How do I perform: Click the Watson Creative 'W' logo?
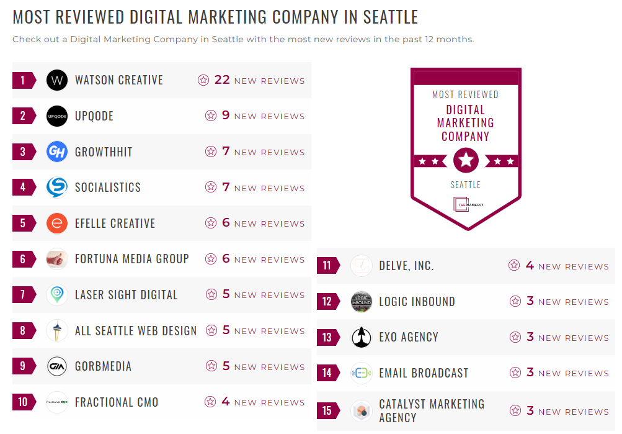tap(57, 80)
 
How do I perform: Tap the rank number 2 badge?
tap(24, 116)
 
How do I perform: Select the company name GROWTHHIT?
tap(104, 152)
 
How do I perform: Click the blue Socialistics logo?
tap(57, 188)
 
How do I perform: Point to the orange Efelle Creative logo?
tap(57, 224)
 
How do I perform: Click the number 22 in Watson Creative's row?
tap(222, 80)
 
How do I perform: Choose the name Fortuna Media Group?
tap(131, 259)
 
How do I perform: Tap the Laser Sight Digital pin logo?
tap(57, 295)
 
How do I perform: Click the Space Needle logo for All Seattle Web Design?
tap(57, 330)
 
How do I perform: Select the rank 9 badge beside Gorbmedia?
tap(24, 366)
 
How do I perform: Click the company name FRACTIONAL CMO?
tap(117, 402)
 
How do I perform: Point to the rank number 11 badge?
tap(327, 266)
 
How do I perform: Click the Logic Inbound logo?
tap(361, 302)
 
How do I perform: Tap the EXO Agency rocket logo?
tap(361, 338)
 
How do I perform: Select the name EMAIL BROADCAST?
tap(424, 373)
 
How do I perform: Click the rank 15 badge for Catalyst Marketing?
tap(327, 411)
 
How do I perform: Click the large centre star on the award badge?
tap(466, 161)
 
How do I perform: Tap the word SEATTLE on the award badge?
tap(466, 185)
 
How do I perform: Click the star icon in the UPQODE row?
tap(211, 116)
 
